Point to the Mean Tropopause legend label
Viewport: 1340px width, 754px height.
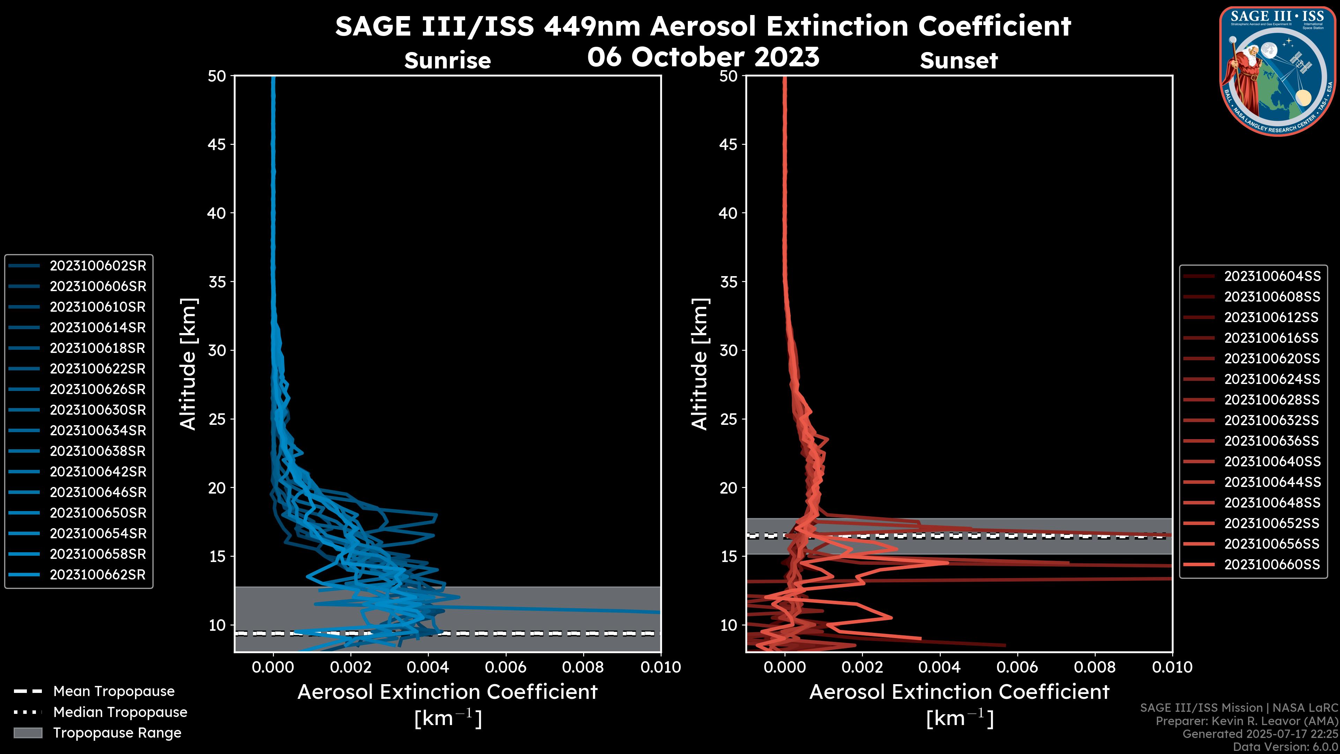pos(114,692)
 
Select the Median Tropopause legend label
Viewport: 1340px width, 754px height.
pos(120,712)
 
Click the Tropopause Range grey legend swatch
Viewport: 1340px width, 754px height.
pos(28,733)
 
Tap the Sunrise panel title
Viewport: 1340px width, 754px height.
pos(447,61)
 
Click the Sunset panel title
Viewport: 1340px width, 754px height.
pos(959,61)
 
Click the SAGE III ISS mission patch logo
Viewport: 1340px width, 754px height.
pos(1277,71)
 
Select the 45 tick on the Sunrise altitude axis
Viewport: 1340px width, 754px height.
pos(217,144)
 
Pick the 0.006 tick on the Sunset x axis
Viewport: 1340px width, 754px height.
pos(1018,667)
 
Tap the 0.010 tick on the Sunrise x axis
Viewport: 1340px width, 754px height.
pos(660,667)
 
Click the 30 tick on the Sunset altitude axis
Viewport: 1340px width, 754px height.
pos(729,350)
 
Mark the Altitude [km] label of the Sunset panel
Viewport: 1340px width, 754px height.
pos(700,364)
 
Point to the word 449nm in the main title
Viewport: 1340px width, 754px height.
pos(592,26)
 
